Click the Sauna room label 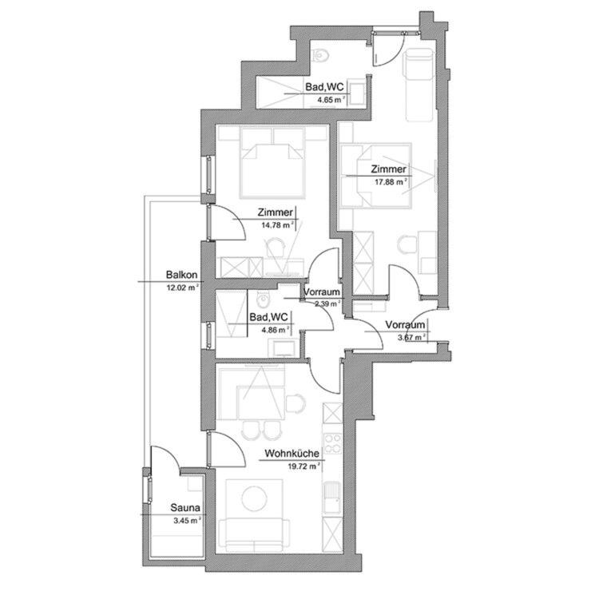[185, 507]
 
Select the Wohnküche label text [292, 454]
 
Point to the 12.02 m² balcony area [182, 286]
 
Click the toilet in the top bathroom [322, 56]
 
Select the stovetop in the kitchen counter [331, 444]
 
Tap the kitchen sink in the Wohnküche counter [331, 487]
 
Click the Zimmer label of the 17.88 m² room [388, 169]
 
